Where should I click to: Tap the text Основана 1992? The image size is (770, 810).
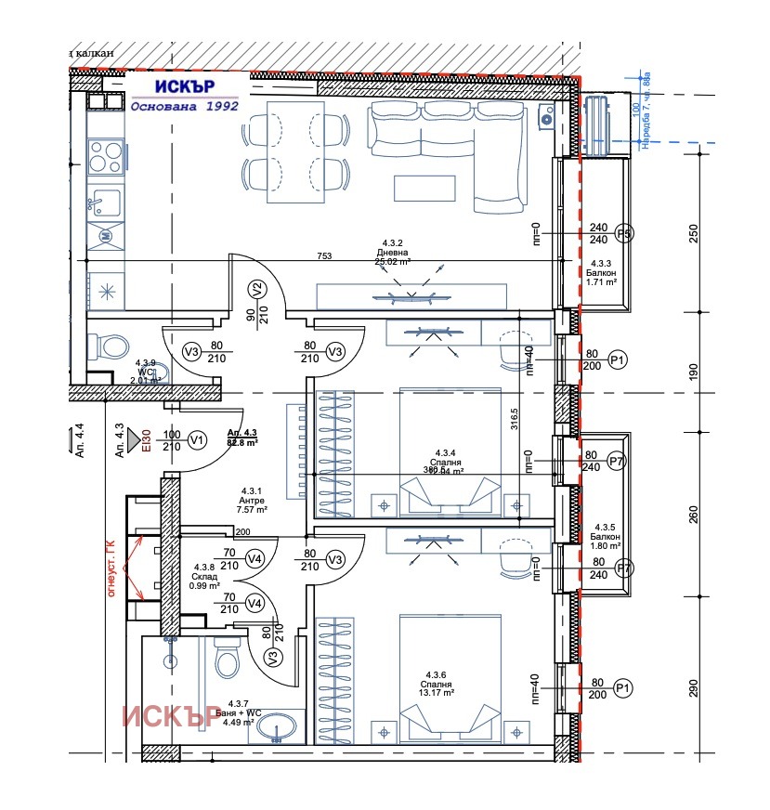184,106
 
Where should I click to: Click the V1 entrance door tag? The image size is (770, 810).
196,439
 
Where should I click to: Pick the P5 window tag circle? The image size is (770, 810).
624,233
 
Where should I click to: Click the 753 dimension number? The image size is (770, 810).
323,256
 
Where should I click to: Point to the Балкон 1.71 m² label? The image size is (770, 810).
601,273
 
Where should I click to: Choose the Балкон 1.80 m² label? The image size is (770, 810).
604,536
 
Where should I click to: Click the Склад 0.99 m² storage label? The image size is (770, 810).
206,576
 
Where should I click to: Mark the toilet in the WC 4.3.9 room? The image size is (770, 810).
111,347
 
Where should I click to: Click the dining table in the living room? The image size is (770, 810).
294,151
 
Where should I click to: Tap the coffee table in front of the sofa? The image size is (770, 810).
425,188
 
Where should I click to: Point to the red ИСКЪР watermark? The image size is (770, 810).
170,717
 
